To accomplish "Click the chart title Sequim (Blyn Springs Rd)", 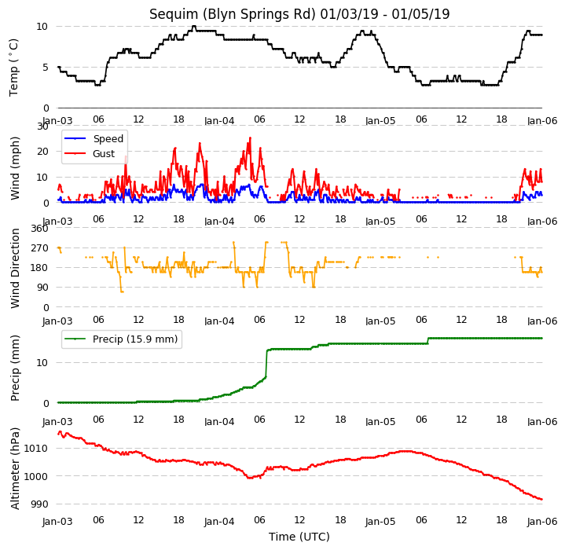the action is (233, 14).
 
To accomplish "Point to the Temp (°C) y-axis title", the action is (13, 68).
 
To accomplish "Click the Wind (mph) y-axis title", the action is (15, 168).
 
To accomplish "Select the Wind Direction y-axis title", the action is (15, 269).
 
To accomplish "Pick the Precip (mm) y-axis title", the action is (15, 368).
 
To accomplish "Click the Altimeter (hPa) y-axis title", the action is (15, 468).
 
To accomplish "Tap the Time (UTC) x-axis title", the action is (299, 537).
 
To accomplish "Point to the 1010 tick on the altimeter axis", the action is (35, 449).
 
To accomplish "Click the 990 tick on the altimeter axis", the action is (39, 504).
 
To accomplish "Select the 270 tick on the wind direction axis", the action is (39, 248).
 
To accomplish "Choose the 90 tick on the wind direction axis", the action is (42, 288).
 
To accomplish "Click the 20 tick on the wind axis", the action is (42, 152).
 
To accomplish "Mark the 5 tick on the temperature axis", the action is (45, 68).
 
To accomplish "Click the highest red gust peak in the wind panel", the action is (250, 138).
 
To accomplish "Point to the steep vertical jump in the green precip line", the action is (266, 363).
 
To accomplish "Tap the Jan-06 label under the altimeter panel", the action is (542, 522).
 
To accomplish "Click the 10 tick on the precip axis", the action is (42, 363).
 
